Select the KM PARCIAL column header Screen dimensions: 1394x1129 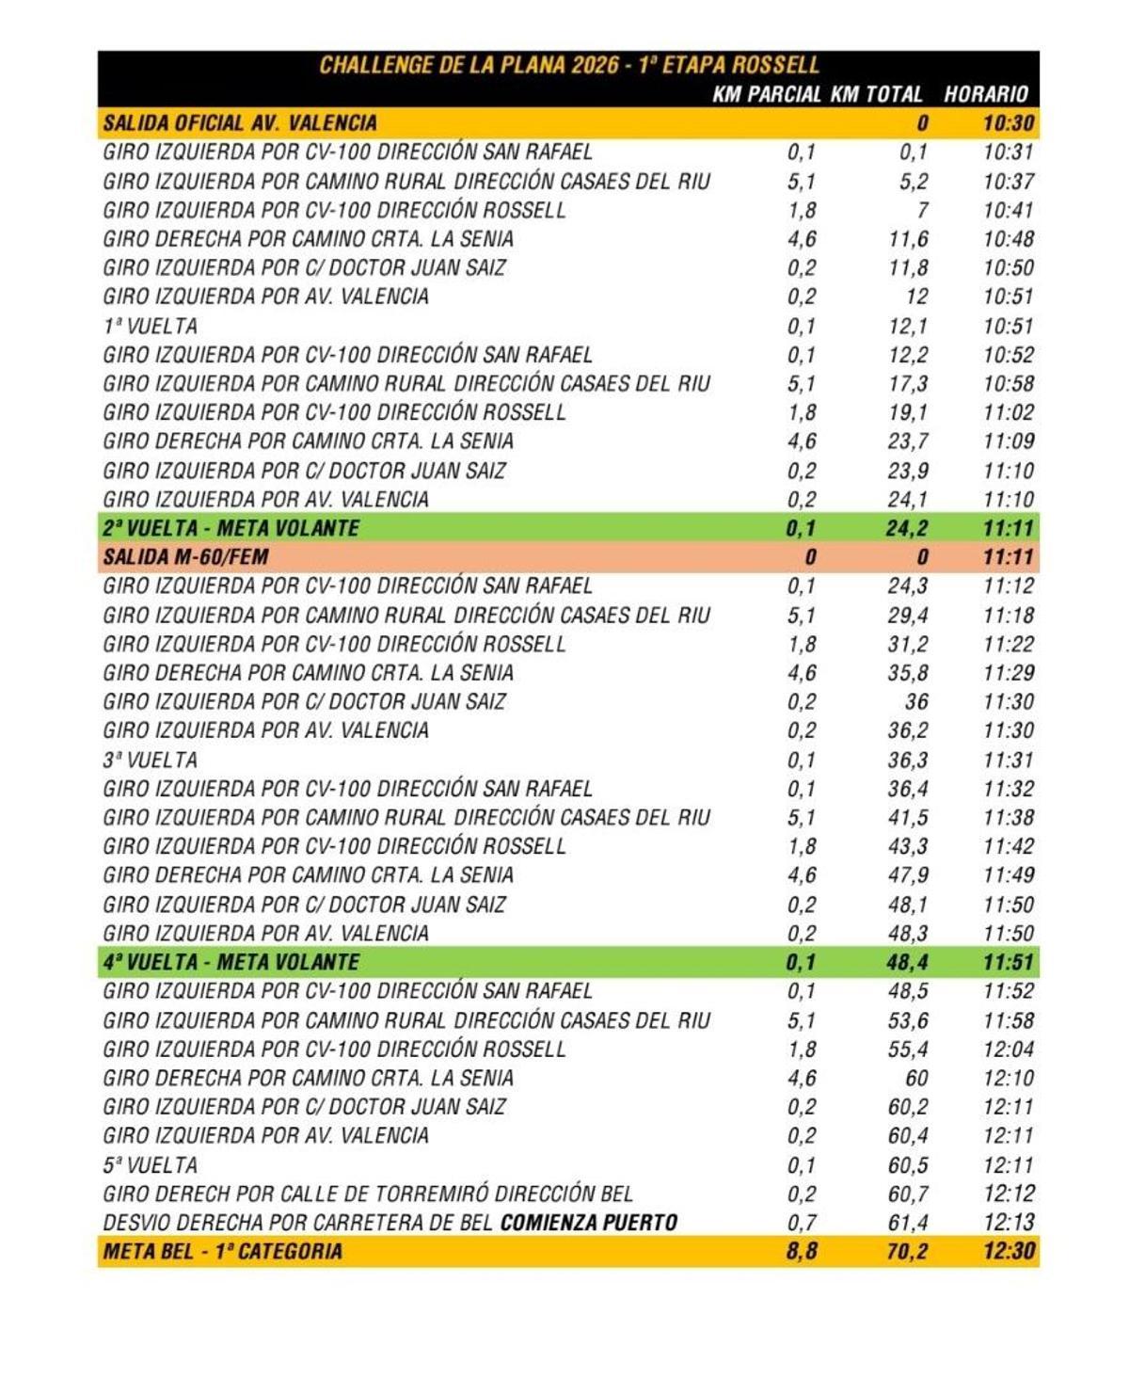[766, 94]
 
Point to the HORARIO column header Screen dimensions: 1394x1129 [985, 94]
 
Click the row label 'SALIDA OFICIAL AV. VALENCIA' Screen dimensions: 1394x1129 [240, 123]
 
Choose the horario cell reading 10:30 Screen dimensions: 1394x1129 [1008, 123]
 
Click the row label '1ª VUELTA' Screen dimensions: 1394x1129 [151, 327]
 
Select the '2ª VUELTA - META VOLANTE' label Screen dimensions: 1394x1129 [231, 528]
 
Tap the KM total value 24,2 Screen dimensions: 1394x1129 [906, 528]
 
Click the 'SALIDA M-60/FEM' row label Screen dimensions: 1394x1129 [185, 557]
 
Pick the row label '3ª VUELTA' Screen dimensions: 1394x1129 [151, 760]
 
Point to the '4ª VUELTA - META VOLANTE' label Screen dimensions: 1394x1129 [231, 962]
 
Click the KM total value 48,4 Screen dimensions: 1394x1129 [906, 962]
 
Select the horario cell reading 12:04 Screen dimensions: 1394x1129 [1008, 1050]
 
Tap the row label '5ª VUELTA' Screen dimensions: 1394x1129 [151, 1165]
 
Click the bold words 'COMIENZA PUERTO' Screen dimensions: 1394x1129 [589, 1223]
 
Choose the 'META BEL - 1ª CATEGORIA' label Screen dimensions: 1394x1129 [222, 1252]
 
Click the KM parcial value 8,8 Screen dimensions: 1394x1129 [801, 1252]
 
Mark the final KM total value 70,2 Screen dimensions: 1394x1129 [906, 1252]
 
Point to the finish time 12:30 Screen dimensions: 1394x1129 [1008, 1252]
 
